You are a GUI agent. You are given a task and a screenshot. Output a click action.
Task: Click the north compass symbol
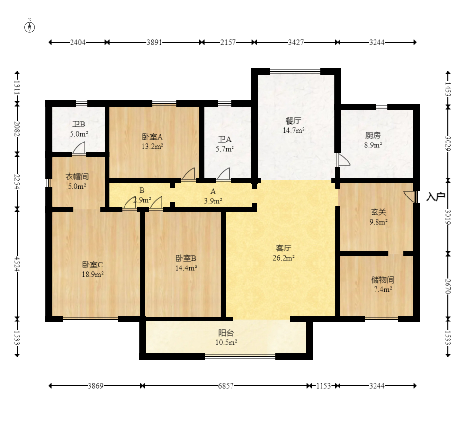coord(29,27)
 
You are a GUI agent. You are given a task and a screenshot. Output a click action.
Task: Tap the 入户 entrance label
coord(436,196)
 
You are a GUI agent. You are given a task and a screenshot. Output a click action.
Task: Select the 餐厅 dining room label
coord(293,121)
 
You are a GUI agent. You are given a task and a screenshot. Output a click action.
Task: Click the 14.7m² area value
coord(294,130)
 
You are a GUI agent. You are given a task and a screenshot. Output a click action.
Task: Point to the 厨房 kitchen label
coord(373,135)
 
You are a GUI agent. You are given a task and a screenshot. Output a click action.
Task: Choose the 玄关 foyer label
coord(378,212)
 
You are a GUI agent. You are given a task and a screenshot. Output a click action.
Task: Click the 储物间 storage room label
coord(383,279)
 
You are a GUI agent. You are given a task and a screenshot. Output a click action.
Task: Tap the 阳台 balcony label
coord(226,333)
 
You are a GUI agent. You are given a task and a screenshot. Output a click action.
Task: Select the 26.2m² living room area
coord(284,258)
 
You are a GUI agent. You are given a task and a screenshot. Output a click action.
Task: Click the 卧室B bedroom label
coord(186,258)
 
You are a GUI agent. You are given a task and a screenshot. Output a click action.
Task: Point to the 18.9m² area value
coord(92,274)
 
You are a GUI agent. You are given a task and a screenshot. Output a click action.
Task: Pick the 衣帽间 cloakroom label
coord(77,177)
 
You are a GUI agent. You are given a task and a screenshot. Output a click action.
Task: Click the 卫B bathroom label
coord(79,124)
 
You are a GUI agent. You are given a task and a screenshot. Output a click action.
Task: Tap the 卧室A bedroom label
coord(152,137)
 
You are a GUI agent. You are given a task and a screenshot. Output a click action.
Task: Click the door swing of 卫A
coord(223,174)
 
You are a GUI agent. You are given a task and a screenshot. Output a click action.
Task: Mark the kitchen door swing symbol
coord(343,160)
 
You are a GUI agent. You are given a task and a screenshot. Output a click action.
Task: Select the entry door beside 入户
coord(410,197)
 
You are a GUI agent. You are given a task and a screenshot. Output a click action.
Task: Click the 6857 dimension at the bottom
coord(226,386)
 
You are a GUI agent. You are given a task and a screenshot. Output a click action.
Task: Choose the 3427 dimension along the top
coord(296,42)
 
